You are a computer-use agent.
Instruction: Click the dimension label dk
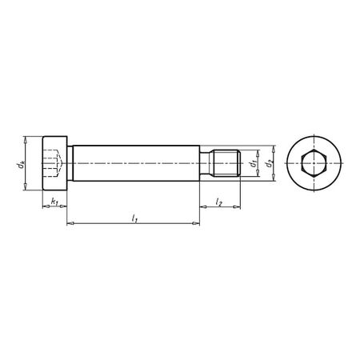click(x=18, y=164)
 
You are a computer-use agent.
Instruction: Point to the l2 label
click(x=219, y=202)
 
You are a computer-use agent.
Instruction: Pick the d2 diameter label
click(x=270, y=164)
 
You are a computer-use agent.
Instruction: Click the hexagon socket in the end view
click(x=315, y=164)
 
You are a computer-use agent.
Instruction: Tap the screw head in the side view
click(x=54, y=164)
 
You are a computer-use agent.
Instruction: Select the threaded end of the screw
click(x=226, y=164)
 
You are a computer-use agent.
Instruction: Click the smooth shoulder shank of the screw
click(x=136, y=164)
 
